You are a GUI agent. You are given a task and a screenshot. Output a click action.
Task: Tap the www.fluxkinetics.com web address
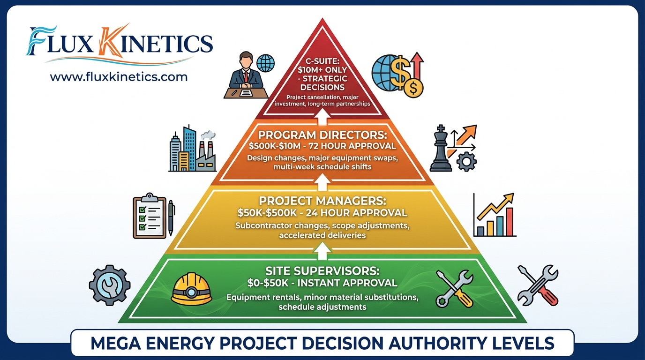click(119, 76)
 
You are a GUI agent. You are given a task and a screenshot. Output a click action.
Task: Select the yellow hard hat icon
click(191, 289)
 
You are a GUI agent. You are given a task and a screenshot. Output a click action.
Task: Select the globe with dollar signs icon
click(398, 75)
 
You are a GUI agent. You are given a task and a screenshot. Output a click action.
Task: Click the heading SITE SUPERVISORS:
click(322, 271)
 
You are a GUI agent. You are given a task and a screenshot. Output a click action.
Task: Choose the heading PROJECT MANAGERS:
click(322, 201)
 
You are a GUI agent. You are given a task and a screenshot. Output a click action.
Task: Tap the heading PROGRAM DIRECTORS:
click(322, 135)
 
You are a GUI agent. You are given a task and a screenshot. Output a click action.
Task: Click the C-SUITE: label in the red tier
click(322, 61)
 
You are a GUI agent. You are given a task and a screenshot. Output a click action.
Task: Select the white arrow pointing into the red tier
click(322, 114)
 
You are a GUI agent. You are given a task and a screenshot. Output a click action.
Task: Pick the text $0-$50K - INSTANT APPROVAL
click(322, 283)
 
